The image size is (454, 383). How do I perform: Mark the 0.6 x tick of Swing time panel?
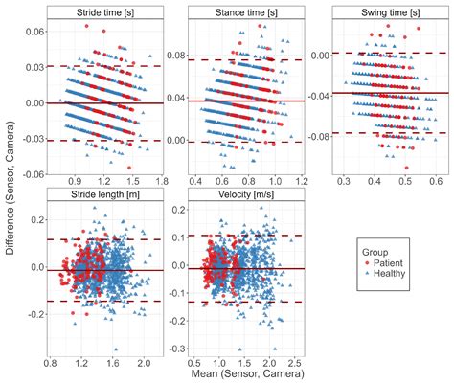click(x=434, y=180)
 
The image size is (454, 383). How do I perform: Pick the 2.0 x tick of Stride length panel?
click(x=144, y=365)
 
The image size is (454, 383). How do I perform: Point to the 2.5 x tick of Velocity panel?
click(x=294, y=365)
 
